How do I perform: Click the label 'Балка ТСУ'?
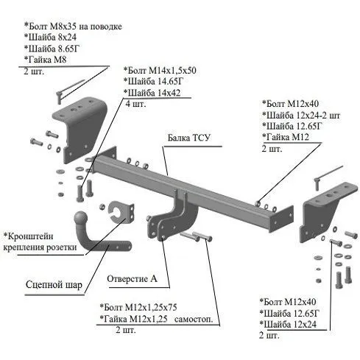click(189, 138)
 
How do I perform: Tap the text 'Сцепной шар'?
click(54, 285)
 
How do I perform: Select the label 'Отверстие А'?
click(132, 279)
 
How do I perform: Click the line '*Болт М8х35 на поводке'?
click(73, 26)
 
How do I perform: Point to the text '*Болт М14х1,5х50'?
click(160, 71)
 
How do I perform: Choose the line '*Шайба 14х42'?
click(152, 93)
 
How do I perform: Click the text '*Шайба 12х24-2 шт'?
click(301, 115)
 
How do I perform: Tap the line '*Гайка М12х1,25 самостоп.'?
click(156, 319)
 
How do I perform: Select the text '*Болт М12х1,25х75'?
click(138, 307)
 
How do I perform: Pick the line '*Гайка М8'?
click(45, 60)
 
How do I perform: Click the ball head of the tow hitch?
click(81, 218)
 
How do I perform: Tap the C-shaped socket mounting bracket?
click(121, 212)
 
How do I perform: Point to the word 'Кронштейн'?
click(29, 236)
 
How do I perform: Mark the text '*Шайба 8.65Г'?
click(52, 49)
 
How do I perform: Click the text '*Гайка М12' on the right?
click(286, 137)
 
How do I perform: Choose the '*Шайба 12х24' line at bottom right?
click(288, 325)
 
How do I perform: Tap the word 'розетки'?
click(63, 247)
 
